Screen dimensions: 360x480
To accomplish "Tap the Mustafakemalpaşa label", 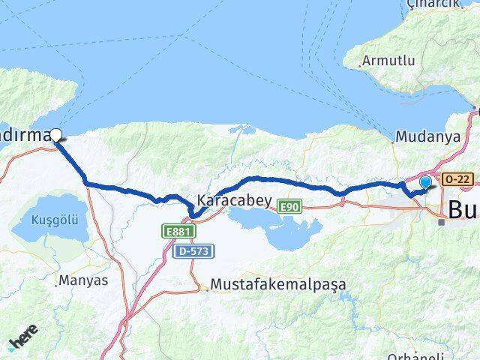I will (278, 285).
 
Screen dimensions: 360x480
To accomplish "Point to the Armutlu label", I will (388, 60).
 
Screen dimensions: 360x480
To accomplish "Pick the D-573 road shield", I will (193, 252).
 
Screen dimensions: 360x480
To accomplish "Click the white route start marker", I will (57, 135).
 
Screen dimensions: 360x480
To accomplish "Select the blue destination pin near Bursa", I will (426, 182).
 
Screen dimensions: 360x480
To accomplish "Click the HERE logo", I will (24, 339).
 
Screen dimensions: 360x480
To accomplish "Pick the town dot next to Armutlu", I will (359, 64).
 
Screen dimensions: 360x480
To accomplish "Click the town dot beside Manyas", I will (57, 283).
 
